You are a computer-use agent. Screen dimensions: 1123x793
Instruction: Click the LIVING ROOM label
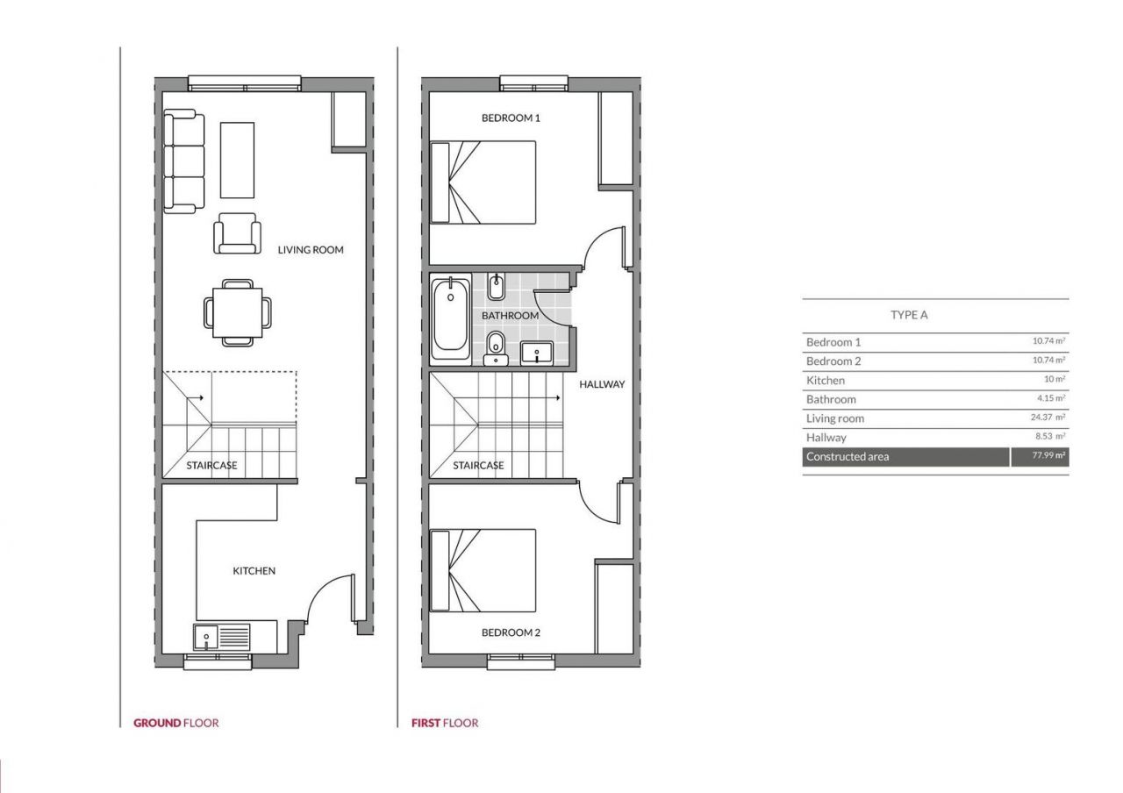(x=311, y=250)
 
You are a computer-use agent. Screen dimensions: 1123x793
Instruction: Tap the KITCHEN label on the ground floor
(x=254, y=570)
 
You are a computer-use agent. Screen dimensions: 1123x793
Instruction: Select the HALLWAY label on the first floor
(x=602, y=384)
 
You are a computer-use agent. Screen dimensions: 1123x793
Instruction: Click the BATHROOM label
(x=510, y=315)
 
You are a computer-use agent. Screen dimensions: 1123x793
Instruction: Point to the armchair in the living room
(x=237, y=233)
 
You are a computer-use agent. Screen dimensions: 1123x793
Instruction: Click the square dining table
(x=237, y=313)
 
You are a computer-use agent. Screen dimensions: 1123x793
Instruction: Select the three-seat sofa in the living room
(x=184, y=161)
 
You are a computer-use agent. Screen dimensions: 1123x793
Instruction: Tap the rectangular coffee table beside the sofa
(x=237, y=161)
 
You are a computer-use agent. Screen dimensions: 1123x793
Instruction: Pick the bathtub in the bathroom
(x=451, y=317)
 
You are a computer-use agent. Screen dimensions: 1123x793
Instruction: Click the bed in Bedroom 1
(x=483, y=182)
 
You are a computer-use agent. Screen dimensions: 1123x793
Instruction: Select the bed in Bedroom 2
(x=483, y=570)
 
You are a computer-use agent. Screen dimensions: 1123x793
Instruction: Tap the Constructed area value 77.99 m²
(x=1048, y=455)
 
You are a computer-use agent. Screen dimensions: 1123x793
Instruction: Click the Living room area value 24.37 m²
(x=1048, y=417)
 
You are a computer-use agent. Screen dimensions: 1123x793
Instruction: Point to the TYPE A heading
(x=909, y=315)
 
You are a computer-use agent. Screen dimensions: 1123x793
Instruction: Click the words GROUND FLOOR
(x=176, y=723)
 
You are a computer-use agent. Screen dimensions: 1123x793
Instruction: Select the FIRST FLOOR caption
(x=445, y=723)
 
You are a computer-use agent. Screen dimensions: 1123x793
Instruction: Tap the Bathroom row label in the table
(x=831, y=399)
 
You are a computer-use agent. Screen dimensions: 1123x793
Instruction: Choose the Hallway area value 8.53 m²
(x=1050, y=436)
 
